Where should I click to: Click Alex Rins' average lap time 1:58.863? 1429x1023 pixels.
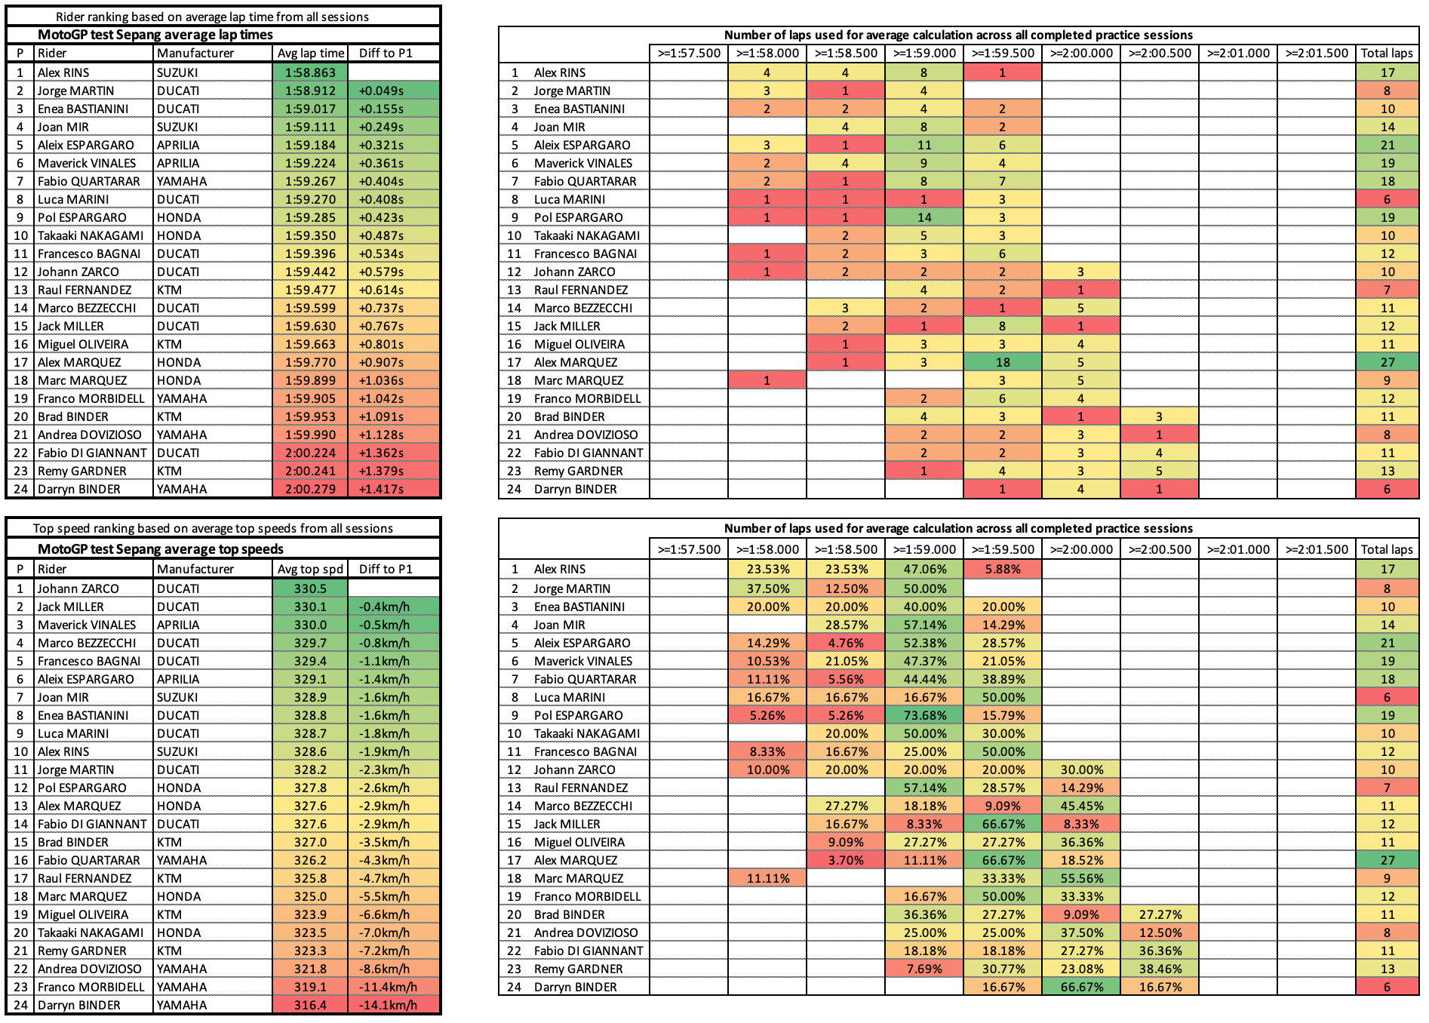pos(309,72)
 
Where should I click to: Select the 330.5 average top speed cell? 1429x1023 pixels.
pos(309,588)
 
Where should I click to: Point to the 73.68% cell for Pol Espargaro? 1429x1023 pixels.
pos(923,715)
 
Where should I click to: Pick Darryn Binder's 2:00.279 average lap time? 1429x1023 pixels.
pos(309,489)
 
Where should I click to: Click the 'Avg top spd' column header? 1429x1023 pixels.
pos(310,569)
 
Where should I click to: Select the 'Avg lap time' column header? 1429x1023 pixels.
pos(310,53)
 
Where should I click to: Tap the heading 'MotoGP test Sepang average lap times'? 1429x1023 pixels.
pos(155,35)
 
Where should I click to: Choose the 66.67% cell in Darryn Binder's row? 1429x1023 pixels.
pos(1080,987)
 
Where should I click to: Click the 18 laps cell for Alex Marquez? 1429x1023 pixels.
pos(1002,362)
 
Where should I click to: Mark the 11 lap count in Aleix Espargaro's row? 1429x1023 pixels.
pos(923,145)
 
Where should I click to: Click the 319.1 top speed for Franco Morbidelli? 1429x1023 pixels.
pos(309,987)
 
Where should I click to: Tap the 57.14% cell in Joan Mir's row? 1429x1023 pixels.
pos(923,625)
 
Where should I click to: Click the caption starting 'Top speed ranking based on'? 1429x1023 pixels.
pos(213,528)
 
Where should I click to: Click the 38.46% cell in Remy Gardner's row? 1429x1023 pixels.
pos(1159,969)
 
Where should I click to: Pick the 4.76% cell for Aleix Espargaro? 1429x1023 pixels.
pos(845,643)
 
